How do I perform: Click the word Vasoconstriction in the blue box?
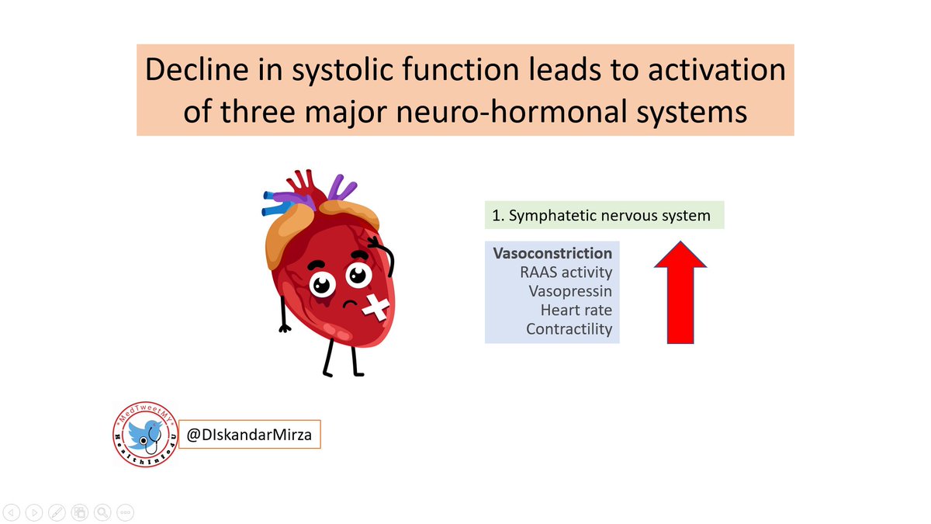pyautogui.click(x=552, y=254)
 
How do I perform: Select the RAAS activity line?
pyautogui.click(x=566, y=272)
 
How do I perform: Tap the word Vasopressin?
pyautogui.click(x=570, y=291)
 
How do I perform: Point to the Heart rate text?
pyautogui.click(x=576, y=310)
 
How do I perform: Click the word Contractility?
pyautogui.click(x=569, y=328)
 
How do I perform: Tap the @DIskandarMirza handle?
pyautogui.click(x=249, y=435)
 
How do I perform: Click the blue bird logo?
pyautogui.click(x=144, y=433)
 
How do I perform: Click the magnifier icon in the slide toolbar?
pyautogui.click(x=102, y=512)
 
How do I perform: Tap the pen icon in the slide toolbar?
pyautogui.click(x=57, y=512)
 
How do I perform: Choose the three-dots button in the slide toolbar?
pyautogui.click(x=125, y=512)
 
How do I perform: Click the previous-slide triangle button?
pyautogui.click(x=12, y=512)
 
